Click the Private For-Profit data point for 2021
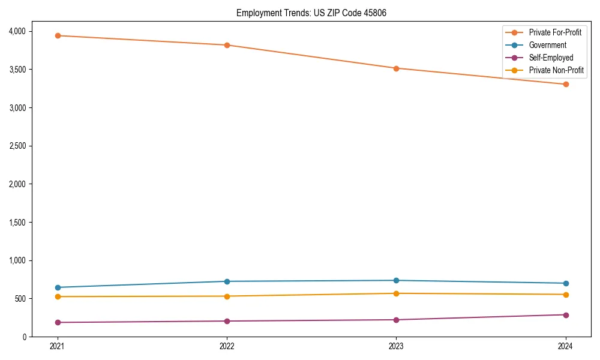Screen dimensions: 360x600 [x=58, y=35]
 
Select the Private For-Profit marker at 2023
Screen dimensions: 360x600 [x=396, y=68]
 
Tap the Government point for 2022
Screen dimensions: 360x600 [x=227, y=281]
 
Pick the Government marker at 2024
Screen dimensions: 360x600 [x=566, y=283]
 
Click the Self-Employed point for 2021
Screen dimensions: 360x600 [x=58, y=322]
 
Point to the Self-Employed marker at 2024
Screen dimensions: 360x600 [x=566, y=315]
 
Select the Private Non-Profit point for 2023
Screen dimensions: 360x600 [x=396, y=293]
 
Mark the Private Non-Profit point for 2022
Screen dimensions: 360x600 [x=227, y=296]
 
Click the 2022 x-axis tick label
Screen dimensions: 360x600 [x=227, y=346]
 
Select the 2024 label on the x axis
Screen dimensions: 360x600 [x=566, y=346]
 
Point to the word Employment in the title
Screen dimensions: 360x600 [x=256, y=13]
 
